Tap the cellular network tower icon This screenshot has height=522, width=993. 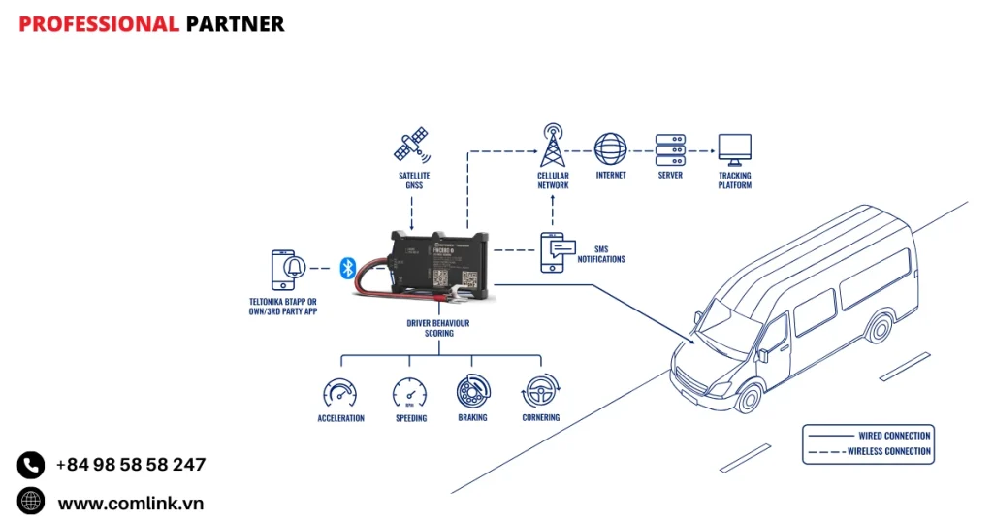[x=553, y=146]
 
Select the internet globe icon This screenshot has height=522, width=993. [x=610, y=149]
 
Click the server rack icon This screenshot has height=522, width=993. [x=670, y=149]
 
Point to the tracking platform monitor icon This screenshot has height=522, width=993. [x=734, y=149]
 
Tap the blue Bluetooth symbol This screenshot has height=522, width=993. [x=348, y=268]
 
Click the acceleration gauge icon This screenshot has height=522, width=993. [x=340, y=393]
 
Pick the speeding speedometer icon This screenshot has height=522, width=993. [x=409, y=393]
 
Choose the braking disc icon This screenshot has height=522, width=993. [x=472, y=392]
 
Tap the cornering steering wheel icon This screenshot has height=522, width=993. [x=540, y=392]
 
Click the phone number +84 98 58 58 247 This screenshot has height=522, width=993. [x=131, y=465]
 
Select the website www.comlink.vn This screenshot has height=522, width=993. [x=130, y=503]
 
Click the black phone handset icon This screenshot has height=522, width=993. [x=31, y=465]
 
